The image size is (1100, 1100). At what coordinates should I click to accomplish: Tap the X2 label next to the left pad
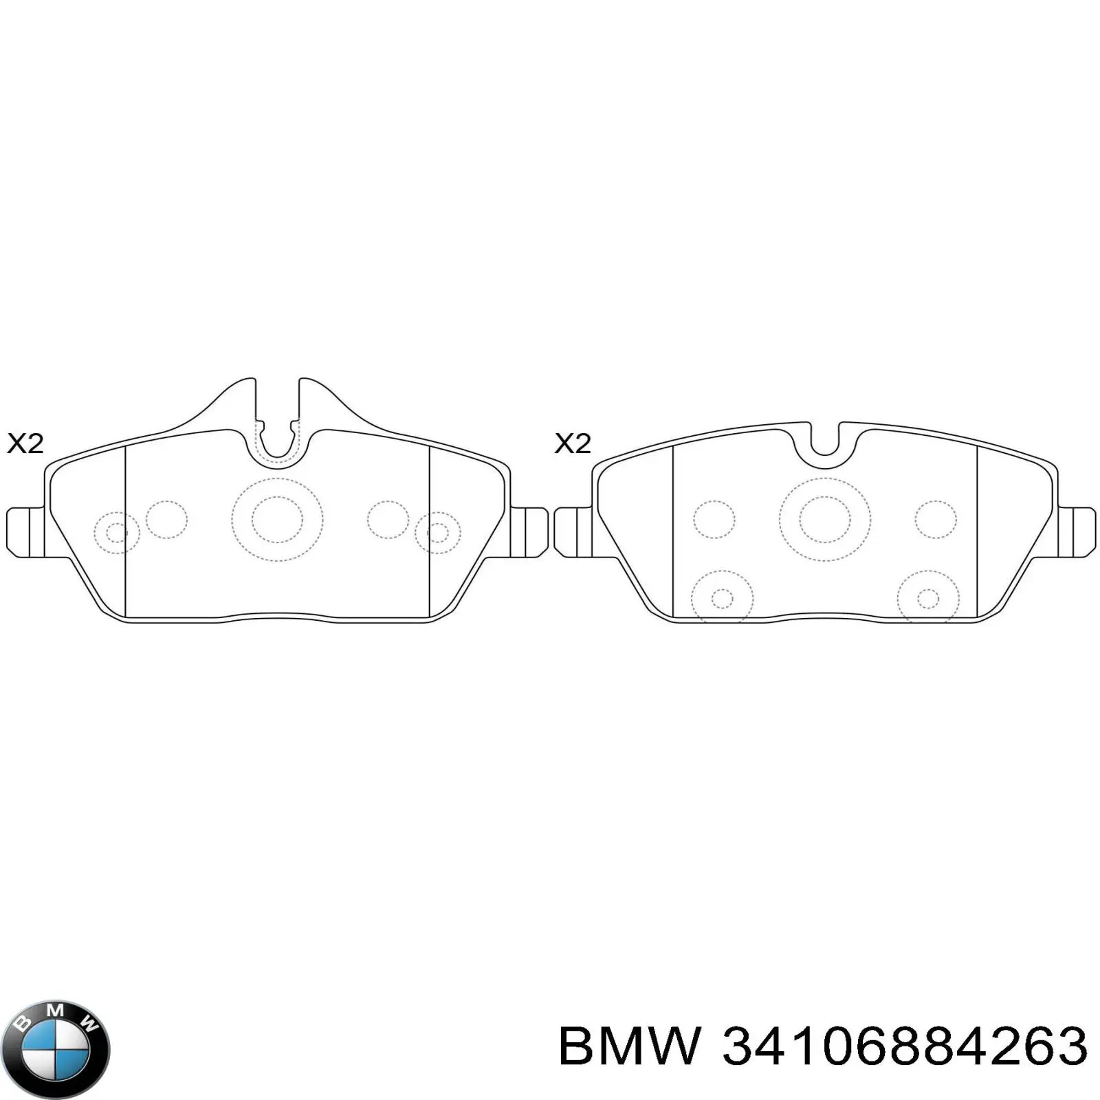click(25, 443)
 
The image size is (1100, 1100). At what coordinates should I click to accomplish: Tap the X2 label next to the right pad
click(573, 443)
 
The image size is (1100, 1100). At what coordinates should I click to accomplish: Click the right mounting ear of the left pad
click(529, 532)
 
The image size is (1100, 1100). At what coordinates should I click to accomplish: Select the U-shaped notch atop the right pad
click(825, 440)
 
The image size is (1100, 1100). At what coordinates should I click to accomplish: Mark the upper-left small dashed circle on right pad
click(714, 520)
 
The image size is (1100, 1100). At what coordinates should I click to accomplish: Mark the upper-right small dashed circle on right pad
click(936, 520)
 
